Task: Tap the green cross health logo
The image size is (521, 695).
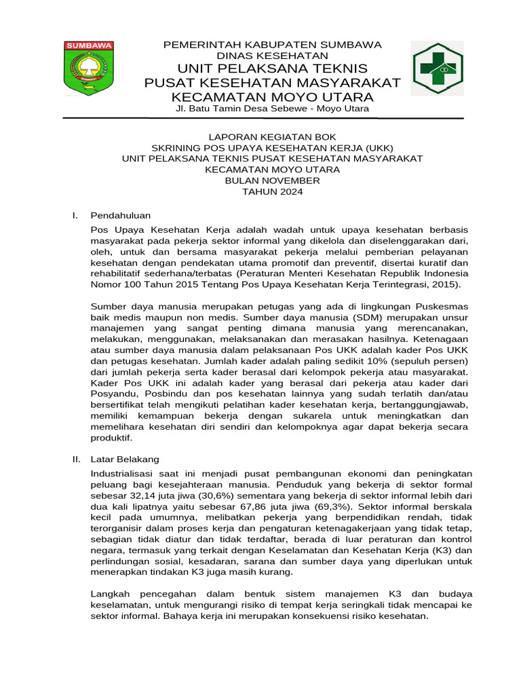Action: [438, 67]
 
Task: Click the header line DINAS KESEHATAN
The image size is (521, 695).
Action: [272, 56]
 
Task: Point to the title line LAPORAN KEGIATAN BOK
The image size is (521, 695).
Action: [272, 137]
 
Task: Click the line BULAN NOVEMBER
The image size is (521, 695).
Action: [272, 181]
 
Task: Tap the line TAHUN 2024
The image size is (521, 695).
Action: [272, 191]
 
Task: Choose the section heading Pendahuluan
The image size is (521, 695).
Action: [121, 216]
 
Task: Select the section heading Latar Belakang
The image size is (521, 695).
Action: [125, 459]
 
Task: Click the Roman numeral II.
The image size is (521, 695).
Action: [77, 459]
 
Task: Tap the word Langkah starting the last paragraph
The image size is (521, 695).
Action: [111, 595]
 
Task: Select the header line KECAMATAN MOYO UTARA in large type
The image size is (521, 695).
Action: [272, 96]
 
